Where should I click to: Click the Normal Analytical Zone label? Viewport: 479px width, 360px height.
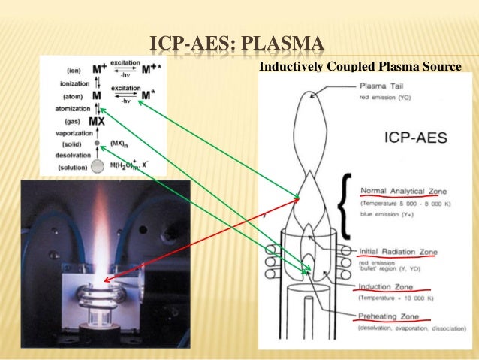tap(402, 190)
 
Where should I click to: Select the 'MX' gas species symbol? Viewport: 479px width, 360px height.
tap(96, 121)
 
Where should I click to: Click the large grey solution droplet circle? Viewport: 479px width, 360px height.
tap(97, 167)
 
